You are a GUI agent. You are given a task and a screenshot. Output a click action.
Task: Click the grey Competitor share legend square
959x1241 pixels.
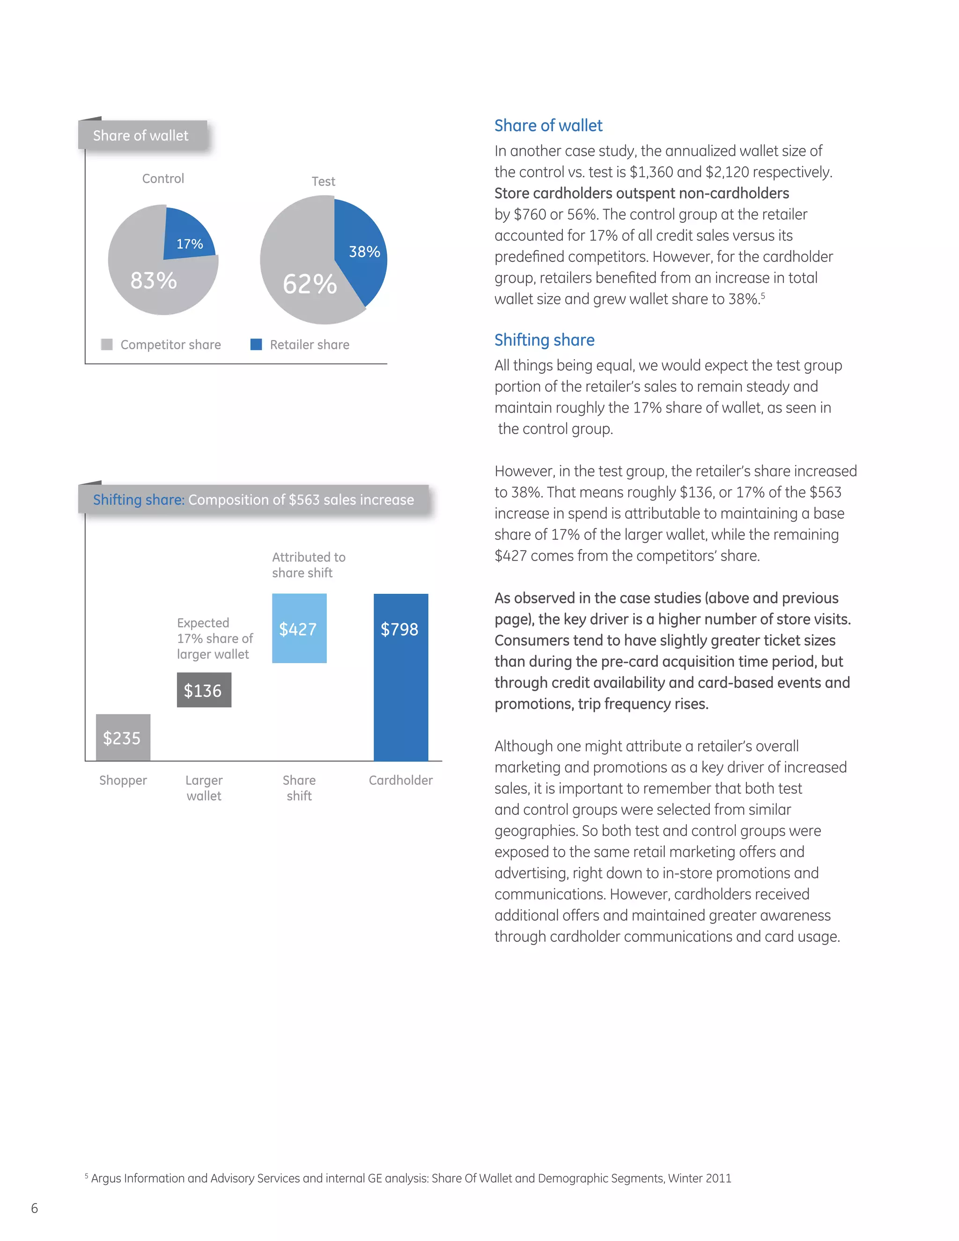click(106, 344)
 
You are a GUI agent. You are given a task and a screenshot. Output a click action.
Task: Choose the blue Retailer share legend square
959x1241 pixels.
click(256, 344)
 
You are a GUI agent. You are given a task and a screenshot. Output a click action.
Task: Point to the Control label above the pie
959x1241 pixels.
click(163, 178)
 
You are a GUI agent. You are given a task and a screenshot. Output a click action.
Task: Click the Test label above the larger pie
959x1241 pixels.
click(323, 181)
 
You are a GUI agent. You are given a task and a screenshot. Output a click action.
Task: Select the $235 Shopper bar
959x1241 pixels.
click(123, 738)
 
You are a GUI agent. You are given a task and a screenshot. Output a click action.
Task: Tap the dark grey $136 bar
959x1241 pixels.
click(204, 690)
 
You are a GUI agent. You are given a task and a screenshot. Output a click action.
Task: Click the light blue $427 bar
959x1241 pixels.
click(299, 628)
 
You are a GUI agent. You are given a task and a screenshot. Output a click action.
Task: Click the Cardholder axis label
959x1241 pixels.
click(400, 780)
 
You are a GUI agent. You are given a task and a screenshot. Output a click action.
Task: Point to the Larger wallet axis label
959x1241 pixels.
click(204, 788)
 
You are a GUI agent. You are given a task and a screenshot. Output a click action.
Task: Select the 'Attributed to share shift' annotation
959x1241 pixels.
click(309, 565)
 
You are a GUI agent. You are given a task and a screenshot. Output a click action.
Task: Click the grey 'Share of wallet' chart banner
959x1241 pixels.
click(142, 135)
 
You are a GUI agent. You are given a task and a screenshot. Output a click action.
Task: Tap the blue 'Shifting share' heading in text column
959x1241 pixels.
click(544, 340)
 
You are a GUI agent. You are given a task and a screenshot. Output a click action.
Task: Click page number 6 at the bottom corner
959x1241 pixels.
click(35, 1208)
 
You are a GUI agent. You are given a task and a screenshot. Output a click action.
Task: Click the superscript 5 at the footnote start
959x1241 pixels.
click(86, 1175)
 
